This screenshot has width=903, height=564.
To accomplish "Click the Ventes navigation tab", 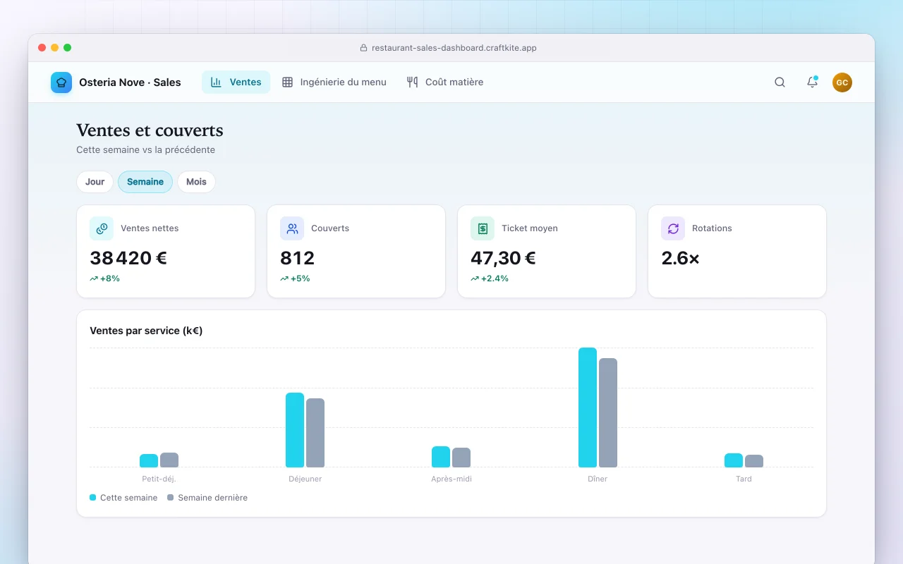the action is pyautogui.click(x=236, y=82).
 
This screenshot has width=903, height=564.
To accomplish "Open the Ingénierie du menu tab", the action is pyautogui.click(x=334, y=82).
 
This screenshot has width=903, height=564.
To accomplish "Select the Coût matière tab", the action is pyautogui.click(x=445, y=82).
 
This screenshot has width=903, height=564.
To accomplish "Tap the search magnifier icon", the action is pyautogui.click(x=780, y=82).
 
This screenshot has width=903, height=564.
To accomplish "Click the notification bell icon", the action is pyautogui.click(x=812, y=82).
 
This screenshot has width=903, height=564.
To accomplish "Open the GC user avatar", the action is pyautogui.click(x=842, y=82).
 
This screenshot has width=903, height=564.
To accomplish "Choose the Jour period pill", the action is pyautogui.click(x=95, y=182).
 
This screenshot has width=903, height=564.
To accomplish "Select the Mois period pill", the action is pyautogui.click(x=196, y=182).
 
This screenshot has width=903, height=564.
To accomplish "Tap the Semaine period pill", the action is pyautogui.click(x=145, y=182).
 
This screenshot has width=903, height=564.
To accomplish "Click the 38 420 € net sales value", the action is pyautogui.click(x=128, y=258).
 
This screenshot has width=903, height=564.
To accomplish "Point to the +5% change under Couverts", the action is pyautogui.click(x=295, y=278).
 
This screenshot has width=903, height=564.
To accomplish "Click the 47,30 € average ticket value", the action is pyautogui.click(x=503, y=258).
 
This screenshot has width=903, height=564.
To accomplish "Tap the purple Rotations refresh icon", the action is pyautogui.click(x=673, y=228).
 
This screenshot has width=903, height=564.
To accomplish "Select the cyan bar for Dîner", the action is pyautogui.click(x=588, y=407).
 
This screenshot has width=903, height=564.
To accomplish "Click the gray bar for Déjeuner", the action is pyautogui.click(x=315, y=433).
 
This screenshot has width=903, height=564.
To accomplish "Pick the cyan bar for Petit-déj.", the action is pyautogui.click(x=149, y=461).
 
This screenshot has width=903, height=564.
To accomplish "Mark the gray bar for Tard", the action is pyautogui.click(x=754, y=461).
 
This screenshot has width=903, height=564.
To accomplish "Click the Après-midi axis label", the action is pyautogui.click(x=451, y=479).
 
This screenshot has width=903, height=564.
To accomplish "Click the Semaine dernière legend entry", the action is pyautogui.click(x=207, y=498).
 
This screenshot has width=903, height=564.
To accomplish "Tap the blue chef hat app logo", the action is pyautogui.click(x=61, y=82).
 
